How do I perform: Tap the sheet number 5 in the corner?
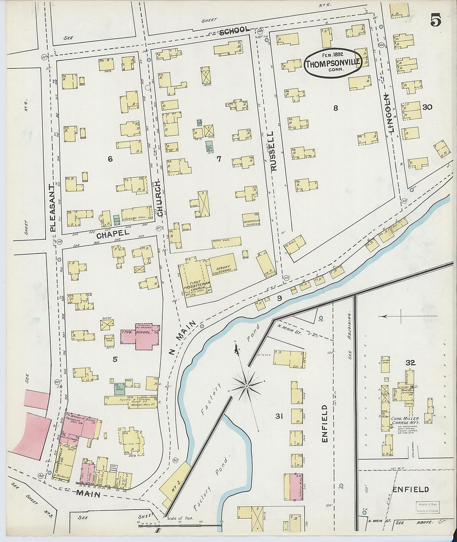point(435,20)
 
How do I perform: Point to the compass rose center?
point(247,386)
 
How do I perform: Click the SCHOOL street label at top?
point(235,30)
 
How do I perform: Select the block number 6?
point(110,159)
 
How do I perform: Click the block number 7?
point(219,159)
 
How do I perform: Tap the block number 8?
point(335,108)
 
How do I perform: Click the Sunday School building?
point(223,265)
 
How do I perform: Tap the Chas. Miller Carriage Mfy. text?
point(405,421)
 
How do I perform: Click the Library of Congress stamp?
point(428,507)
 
